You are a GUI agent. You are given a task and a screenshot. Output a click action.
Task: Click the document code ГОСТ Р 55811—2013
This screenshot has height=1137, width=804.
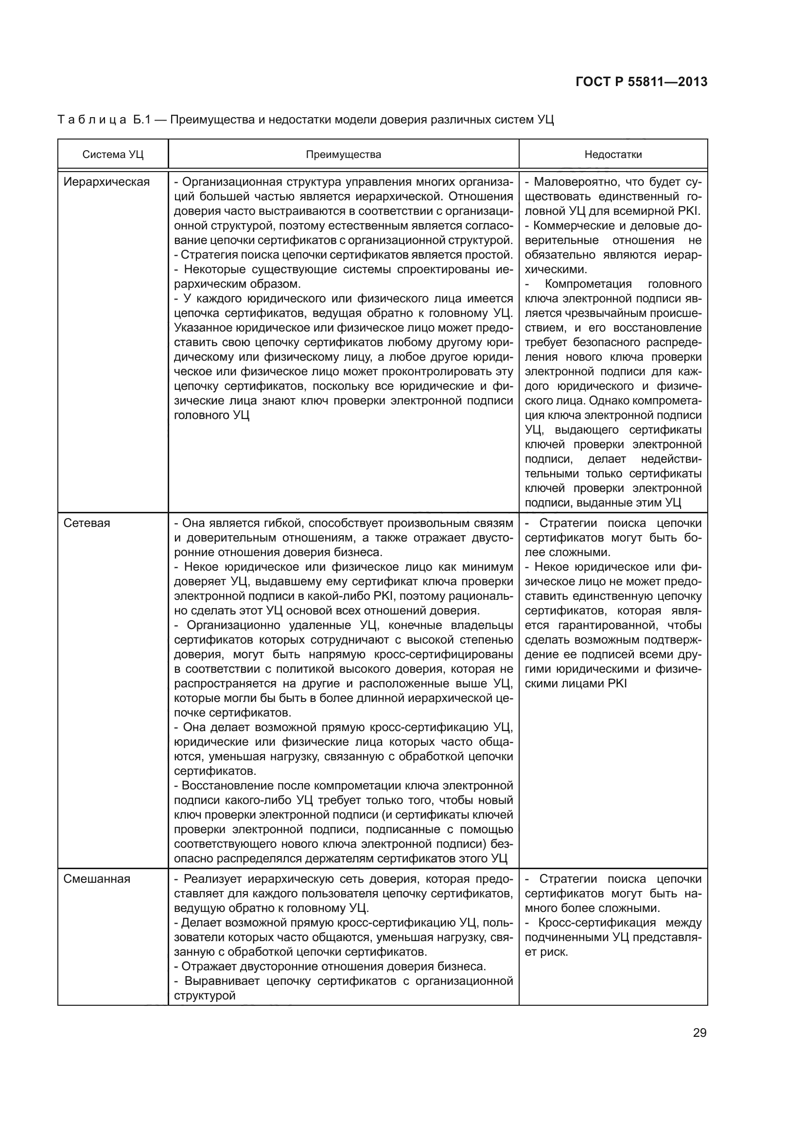(x=641, y=82)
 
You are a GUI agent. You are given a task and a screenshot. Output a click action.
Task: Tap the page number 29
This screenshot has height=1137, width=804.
(x=699, y=1032)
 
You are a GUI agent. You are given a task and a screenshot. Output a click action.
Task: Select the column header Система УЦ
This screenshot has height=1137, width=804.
(x=113, y=155)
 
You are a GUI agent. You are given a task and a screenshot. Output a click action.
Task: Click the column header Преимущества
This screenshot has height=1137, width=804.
(x=343, y=155)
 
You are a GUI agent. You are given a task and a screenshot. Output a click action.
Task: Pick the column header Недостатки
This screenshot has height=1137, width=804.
(x=613, y=155)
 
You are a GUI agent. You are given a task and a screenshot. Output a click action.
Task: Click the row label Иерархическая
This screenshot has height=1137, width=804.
(x=106, y=182)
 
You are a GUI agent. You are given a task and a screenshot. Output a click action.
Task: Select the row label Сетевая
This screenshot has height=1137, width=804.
(x=87, y=524)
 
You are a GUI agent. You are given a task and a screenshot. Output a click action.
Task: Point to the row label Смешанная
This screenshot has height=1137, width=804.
(x=97, y=879)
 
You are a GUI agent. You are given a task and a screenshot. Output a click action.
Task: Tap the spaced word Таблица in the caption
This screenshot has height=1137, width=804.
(x=92, y=120)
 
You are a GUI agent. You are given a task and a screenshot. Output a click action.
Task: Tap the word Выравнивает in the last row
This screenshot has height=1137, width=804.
(x=221, y=981)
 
